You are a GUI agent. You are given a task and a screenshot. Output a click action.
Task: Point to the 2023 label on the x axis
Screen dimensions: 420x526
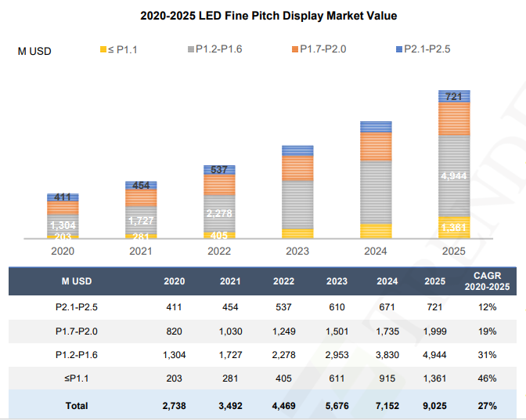pos(297,252)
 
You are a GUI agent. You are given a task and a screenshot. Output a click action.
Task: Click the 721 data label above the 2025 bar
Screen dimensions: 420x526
pos(453,97)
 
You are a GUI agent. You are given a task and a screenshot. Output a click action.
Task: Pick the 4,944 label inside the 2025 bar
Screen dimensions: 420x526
pos(454,176)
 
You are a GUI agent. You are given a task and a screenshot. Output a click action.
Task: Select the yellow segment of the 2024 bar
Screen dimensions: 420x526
pos(376,230)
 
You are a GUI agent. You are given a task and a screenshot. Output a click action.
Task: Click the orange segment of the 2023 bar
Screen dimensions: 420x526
pos(297,168)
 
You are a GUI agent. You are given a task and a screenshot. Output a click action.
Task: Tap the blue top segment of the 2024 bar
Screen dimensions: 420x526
pos(376,127)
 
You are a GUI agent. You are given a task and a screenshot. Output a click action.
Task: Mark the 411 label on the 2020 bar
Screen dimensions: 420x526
pos(63,197)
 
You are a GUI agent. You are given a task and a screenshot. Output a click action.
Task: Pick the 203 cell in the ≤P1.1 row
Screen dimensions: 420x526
pos(174,378)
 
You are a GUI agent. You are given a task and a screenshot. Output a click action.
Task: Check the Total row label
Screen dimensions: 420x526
pos(77,405)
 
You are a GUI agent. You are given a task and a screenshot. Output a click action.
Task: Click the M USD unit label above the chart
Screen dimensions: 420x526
pos(35,51)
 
